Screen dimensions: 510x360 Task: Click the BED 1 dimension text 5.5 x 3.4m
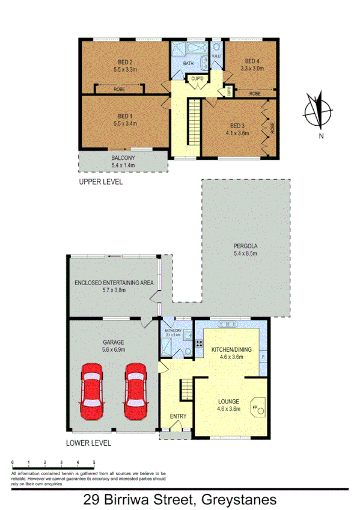125,123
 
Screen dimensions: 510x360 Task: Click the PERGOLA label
245,245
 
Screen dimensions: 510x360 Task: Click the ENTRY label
178,416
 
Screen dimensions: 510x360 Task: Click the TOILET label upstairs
216,56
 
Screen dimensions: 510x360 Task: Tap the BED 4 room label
252,61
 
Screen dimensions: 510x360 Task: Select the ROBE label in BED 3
272,127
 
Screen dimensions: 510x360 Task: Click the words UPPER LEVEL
100,181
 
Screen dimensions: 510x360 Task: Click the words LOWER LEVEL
89,444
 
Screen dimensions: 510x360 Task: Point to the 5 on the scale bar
94,462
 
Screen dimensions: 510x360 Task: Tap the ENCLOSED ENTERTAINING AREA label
114,282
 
